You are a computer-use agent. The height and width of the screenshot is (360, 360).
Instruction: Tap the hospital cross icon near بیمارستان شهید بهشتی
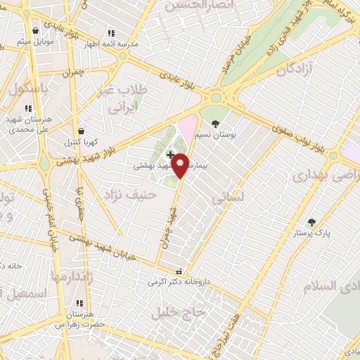[169, 155]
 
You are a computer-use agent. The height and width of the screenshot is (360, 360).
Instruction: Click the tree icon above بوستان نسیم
[215, 124]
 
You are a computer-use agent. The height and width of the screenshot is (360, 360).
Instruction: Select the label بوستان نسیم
[215, 134]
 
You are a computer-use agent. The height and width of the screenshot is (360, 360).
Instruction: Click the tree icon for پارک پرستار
[311, 222]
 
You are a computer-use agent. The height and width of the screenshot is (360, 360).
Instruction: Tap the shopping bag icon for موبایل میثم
[36, 30]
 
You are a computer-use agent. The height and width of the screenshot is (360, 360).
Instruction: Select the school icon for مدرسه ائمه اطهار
[110, 33]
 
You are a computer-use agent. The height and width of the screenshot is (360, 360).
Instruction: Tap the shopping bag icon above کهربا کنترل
[82, 131]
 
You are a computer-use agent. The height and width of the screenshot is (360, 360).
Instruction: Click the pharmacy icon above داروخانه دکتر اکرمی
[180, 271]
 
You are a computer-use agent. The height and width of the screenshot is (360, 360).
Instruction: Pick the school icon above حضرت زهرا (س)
[79, 314]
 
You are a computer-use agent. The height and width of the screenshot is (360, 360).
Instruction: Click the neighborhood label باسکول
[29, 90]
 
